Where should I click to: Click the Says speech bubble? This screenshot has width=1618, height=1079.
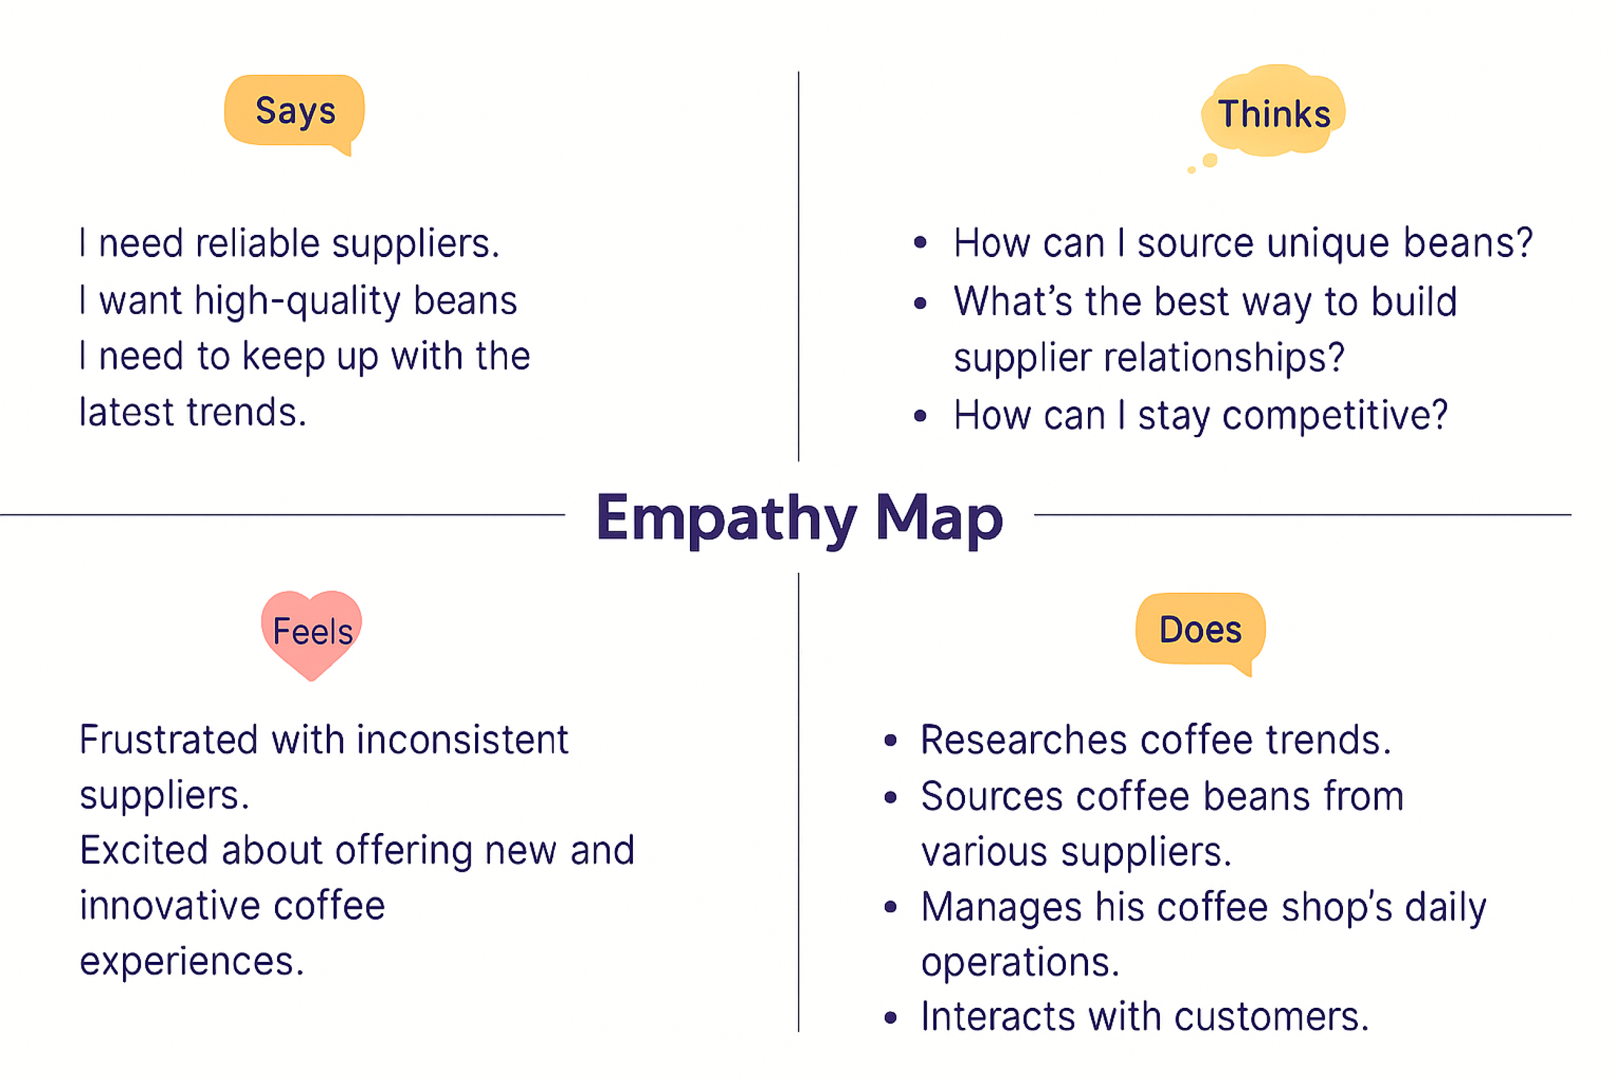tap(294, 111)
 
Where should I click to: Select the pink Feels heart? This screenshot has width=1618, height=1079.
tap(312, 631)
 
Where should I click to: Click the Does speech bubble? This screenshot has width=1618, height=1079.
tap(1200, 629)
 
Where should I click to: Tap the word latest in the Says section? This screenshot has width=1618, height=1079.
tap(127, 412)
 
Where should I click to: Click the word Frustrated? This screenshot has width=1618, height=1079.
tap(168, 740)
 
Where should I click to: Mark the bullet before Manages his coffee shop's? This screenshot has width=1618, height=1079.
tap(891, 907)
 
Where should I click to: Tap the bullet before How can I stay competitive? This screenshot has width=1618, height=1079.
tap(920, 416)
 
